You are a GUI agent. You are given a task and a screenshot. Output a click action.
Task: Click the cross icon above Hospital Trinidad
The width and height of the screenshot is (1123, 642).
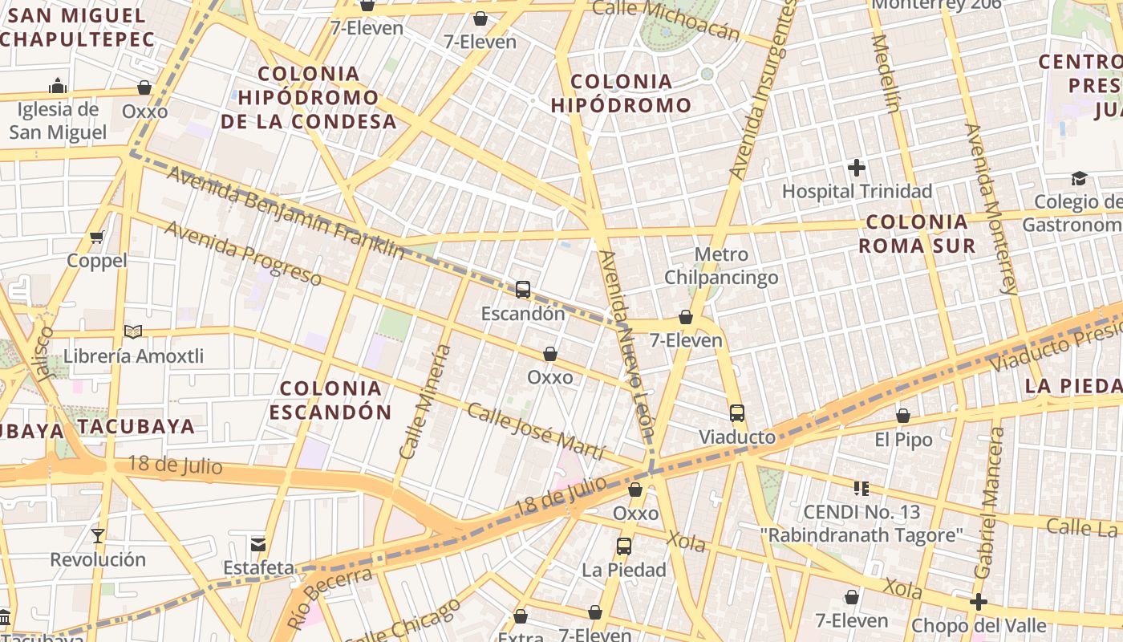click(x=857, y=168)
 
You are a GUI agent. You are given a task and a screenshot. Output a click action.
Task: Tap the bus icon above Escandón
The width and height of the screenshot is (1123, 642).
click(x=523, y=290)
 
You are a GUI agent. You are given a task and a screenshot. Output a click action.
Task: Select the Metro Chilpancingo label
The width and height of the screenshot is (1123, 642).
click(x=720, y=266)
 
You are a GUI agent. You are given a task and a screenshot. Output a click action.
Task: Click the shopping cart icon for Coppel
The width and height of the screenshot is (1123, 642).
click(x=97, y=237)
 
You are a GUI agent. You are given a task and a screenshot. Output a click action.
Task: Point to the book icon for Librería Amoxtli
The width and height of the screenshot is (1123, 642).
click(x=133, y=331)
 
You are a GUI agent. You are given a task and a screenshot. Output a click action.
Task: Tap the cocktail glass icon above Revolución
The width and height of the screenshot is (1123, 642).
click(x=98, y=535)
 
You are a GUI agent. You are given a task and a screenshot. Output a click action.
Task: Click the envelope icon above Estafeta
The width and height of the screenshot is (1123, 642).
click(x=258, y=544)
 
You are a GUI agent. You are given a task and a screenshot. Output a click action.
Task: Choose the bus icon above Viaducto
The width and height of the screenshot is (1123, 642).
click(x=737, y=413)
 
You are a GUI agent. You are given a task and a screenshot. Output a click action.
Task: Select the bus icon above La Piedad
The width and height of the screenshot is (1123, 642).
click(x=624, y=547)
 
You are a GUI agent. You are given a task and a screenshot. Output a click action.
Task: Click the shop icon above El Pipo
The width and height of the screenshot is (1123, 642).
click(x=903, y=416)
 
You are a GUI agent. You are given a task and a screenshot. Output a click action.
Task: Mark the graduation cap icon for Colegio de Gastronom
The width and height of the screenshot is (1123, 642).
click(x=1079, y=178)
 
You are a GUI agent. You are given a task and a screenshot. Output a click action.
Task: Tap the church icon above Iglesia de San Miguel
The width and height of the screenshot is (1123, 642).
click(x=58, y=86)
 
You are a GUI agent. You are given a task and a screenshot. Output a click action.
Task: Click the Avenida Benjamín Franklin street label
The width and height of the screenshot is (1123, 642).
click(x=285, y=213)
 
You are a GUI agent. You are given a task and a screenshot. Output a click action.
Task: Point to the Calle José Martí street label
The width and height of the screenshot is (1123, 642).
click(x=534, y=432)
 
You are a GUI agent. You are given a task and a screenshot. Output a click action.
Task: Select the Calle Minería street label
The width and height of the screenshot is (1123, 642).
click(x=425, y=402)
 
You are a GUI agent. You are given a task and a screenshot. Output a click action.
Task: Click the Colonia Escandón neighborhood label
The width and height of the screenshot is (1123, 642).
click(x=330, y=400)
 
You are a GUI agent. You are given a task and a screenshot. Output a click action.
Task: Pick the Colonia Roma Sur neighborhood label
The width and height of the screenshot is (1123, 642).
click(x=917, y=234)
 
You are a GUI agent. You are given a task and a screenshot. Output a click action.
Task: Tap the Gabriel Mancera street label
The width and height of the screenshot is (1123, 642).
click(x=988, y=503)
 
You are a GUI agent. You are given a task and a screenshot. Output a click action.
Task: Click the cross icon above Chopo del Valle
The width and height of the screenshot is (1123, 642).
click(x=978, y=602)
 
